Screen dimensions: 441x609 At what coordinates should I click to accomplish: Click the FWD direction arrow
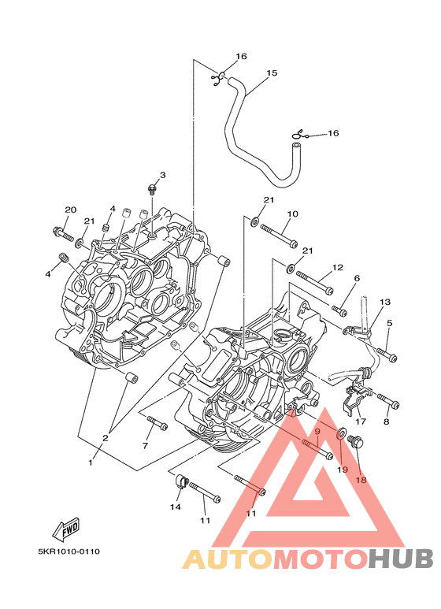66,529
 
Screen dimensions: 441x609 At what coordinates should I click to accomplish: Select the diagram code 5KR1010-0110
69,551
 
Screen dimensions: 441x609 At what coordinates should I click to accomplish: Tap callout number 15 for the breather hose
272,72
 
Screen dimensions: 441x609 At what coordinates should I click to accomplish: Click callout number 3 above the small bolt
163,175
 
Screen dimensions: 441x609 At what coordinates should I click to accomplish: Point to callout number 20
70,210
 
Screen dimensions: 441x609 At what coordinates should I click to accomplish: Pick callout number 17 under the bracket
361,421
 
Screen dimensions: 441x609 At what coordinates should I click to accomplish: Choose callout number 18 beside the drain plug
361,480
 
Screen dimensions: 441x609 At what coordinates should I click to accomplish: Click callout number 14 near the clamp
175,507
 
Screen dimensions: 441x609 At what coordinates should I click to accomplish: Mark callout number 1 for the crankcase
91,462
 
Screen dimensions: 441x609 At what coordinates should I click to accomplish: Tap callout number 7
145,446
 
